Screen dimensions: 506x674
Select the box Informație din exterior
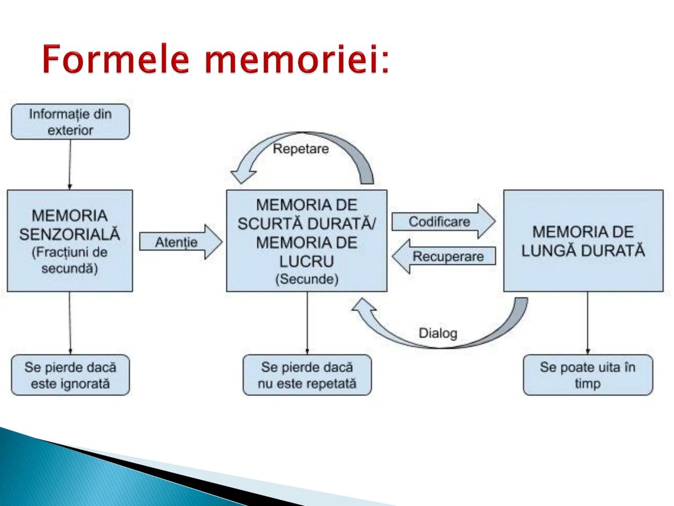pyautogui.click(x=70, y=122)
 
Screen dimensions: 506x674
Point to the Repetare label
pyautogui.click(x=300, y=149)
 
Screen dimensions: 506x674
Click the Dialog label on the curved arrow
pyautogui.click(x=438, y=333)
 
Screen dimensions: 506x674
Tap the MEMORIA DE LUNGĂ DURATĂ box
pyautogui.click(x=583, y=241)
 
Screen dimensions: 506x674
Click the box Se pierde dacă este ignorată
pyautogui.click(x=70, y=375)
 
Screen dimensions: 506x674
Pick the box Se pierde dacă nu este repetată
pyautogui.click(x=307, y=375)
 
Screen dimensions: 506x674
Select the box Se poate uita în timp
pyautogui.click(x=587, y=375)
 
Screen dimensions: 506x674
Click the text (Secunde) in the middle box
pyautogui.click(x=307, y=279)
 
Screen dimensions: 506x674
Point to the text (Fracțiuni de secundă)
pyautogui.click(x=70, y=260)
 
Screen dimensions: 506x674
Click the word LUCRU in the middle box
pyautogui.click(x=307, y=261)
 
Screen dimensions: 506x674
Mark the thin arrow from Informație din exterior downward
pyautogui.click(x=70, y=164)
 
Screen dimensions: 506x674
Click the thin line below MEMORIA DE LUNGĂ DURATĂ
pyautogui.click(x=587, y=323)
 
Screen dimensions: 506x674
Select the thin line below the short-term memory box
pyautogui.click(x=307, y=323)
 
